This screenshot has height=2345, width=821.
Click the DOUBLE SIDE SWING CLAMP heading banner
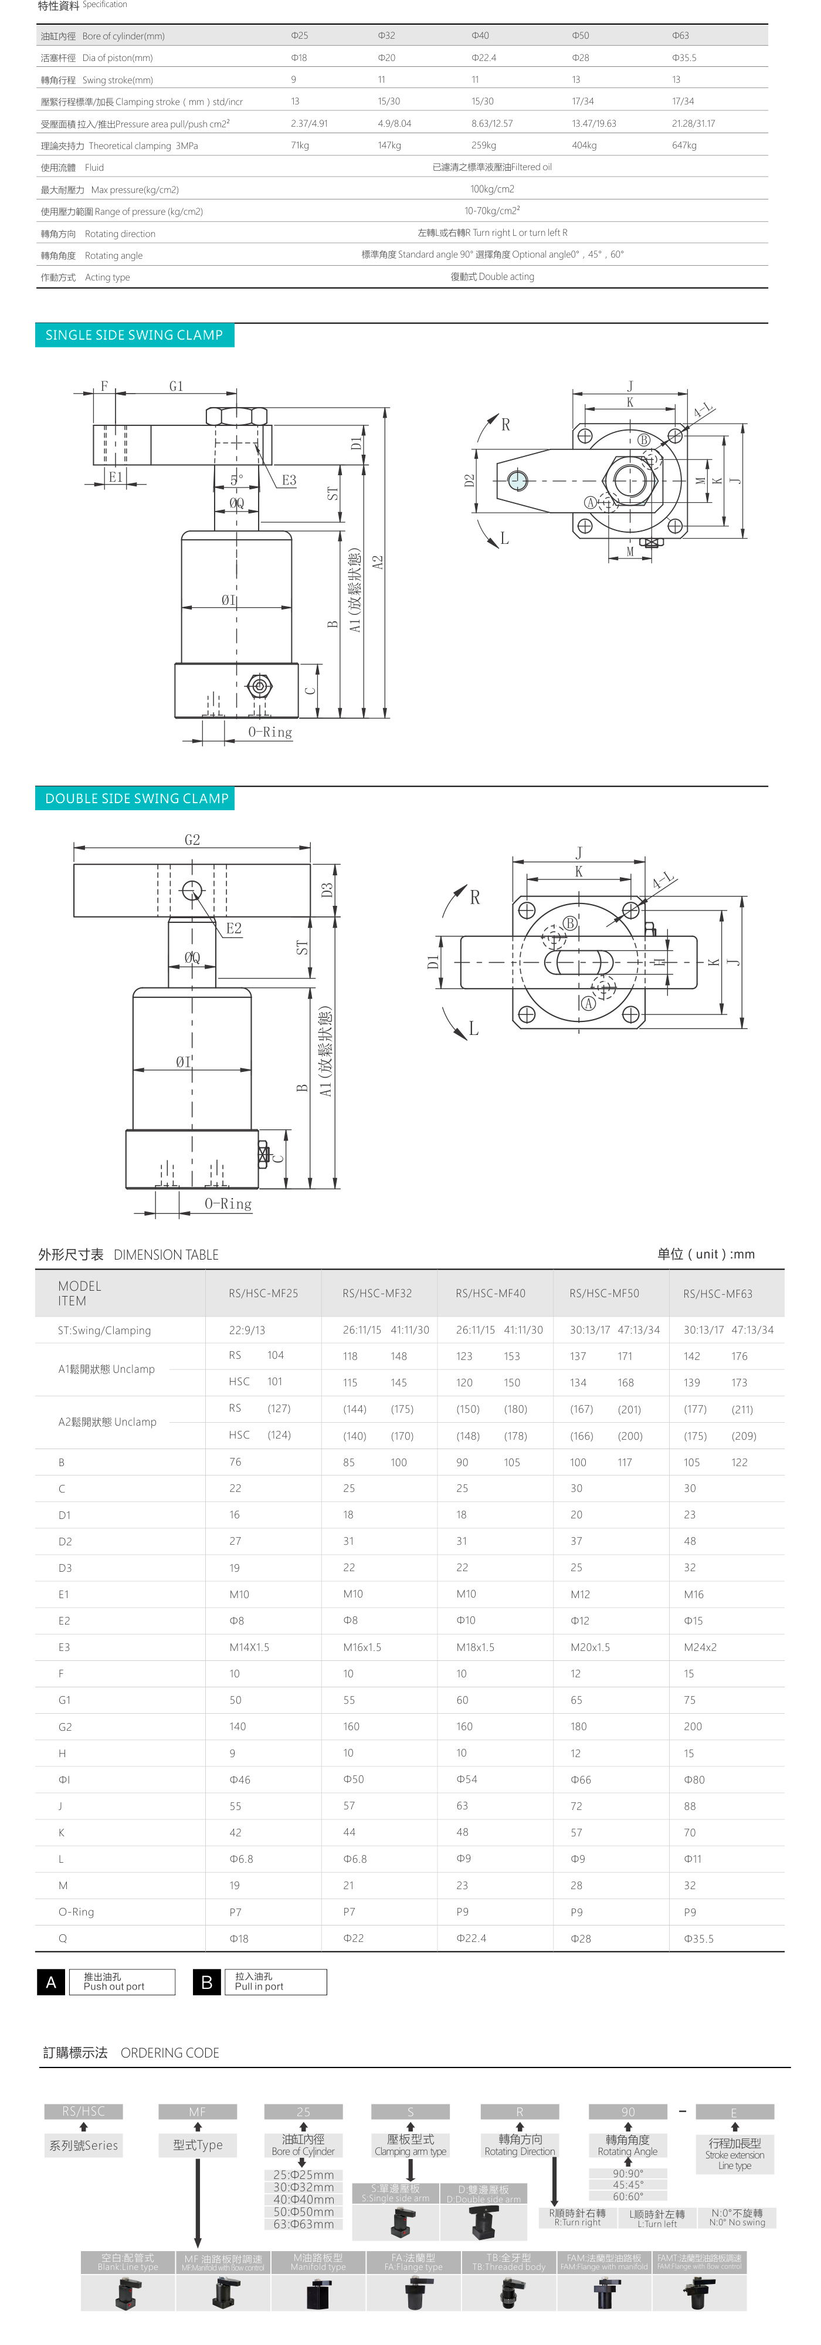(x=137, y=798)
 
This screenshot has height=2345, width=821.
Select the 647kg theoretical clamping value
(x=684, y=145)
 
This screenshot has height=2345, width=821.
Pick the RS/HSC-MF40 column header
(x=491, y=1294)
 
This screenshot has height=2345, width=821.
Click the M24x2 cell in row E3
(x=700, y=1647)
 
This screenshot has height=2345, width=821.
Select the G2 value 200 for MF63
(x=693, y=1727)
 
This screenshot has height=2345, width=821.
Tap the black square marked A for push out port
(x=51, y=1982)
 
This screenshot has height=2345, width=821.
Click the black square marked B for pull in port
(x=206, y=1982)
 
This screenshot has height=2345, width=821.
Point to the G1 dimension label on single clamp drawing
(x=176, y=386)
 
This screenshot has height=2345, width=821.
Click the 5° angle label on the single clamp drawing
(x=237, y=480)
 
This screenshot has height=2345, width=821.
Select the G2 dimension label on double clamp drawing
(x=192, y=840)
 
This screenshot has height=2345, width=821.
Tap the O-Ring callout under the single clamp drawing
(x=270, y=732)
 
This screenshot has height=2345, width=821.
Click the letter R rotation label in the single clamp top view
(x=506, y=424)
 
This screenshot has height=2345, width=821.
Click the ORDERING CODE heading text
(x=169, y=2053)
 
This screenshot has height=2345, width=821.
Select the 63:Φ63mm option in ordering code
(x=303, y=2224)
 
